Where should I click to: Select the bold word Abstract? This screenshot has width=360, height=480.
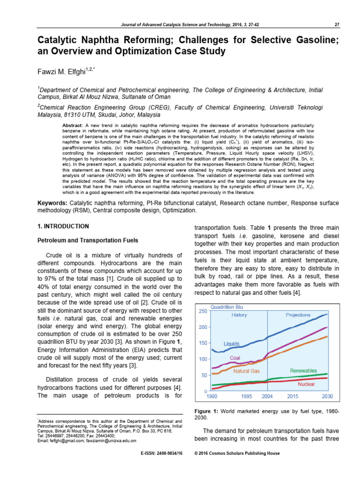click(x=73, y=126)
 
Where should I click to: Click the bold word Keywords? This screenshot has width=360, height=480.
click(x=52, y=202)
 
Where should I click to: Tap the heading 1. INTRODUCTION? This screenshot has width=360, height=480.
click(x=63, y=226)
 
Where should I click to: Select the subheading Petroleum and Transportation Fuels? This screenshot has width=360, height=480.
click(x=88, y=240)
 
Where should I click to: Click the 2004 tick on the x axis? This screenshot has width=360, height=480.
click(x=267, y=397)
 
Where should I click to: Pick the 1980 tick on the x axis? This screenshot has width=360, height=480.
click(x=212, y=397)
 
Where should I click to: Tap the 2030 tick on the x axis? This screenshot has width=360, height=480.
click(x=327, y=397)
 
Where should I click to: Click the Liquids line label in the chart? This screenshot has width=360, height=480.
click(x=231, y=344)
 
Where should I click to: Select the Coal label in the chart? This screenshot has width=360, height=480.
click(x=235, y=358)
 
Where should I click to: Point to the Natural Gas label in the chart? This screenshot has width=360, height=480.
click(x=246, y=371)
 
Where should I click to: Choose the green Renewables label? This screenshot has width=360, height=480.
click(x=303, y=370)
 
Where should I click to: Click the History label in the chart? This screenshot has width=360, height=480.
click(x=239, y=315)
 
